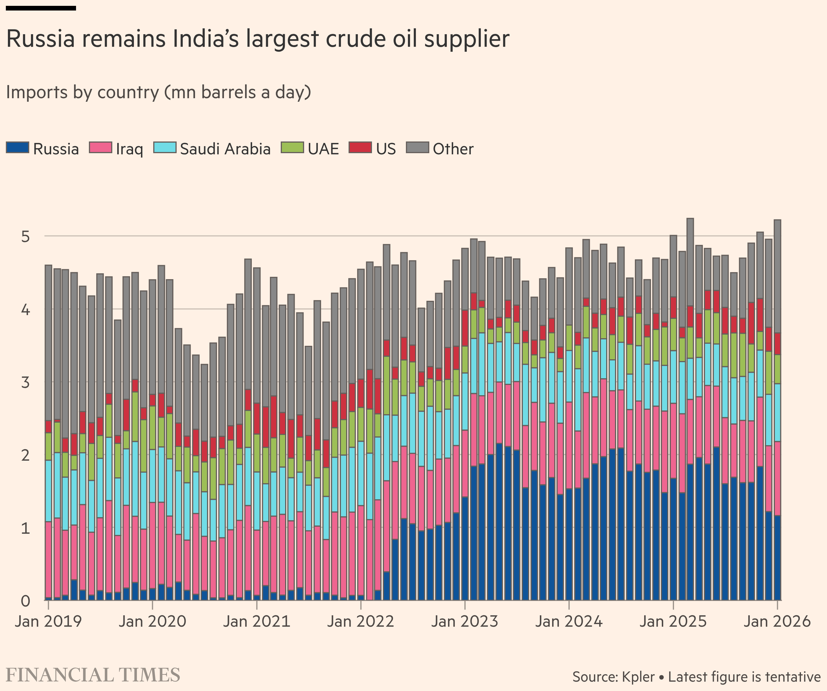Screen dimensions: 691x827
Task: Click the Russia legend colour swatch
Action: click(17, 148)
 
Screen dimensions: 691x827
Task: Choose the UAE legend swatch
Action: click(292, 148)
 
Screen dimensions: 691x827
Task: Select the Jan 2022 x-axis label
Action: click(361, 622)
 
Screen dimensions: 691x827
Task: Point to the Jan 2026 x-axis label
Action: click(777, 622)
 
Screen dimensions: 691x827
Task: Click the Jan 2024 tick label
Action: click(569, 622)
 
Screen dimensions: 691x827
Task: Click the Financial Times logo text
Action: click(93, 675)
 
